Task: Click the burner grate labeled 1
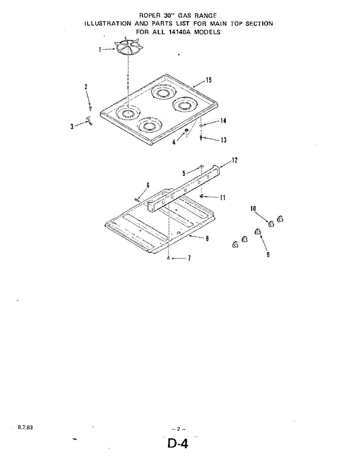tap(129, 49)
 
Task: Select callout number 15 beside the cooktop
tap(209, 80)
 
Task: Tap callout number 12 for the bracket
tap(235, 160)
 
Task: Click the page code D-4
tap(178, 444)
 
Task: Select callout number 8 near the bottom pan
tap(207, 239)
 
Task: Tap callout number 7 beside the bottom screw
tap(189, 259)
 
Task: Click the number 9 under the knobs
tap(268, 254)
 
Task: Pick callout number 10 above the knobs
tap(253, 208)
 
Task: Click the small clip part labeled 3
tap(90, 121)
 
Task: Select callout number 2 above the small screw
tap(86, 87)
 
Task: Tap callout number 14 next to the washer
tap(223, 121)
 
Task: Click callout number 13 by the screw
tap(224, 140)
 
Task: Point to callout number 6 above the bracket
tap(148, 185)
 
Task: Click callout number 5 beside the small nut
tap(184, 173)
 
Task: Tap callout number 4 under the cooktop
tap(174, 143)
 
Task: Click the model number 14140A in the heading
tap(180, 32)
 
